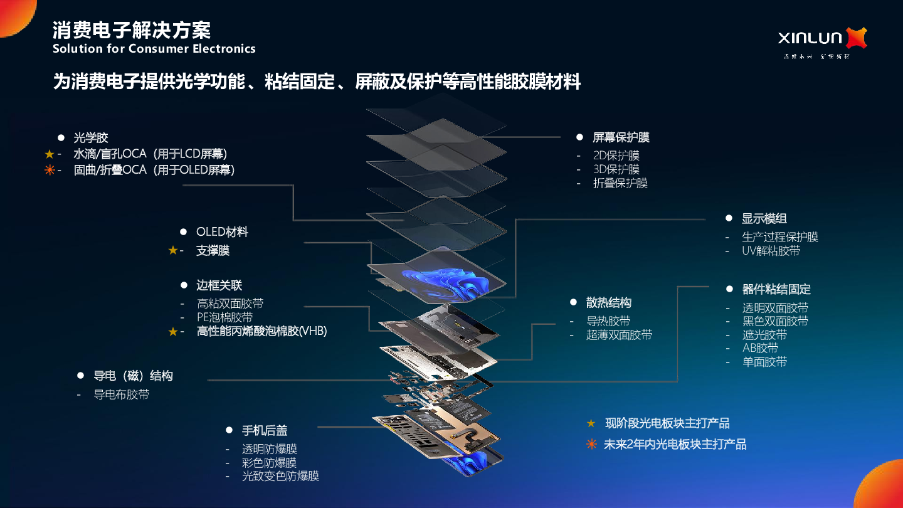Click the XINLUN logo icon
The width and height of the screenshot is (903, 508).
point(856,38)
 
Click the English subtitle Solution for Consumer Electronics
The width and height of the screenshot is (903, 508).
point(154,48)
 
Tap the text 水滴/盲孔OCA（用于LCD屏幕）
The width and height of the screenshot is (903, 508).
point(150,154)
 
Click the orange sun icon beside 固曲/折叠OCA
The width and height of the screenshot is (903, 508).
point(50,170)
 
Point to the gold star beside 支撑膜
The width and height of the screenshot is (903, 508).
point(173,250)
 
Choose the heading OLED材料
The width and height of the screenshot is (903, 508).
point(222,232)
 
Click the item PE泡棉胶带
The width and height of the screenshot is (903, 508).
point(224,317)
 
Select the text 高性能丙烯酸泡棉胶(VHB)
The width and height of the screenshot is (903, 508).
point(261,331)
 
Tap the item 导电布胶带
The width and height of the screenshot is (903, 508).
point(122,394)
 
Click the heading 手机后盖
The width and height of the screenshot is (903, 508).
point(265,431)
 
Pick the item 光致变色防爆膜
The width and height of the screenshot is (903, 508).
point(280,476)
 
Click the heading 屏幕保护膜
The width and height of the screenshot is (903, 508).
point(621,137)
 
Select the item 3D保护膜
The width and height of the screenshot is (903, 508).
point(616,169)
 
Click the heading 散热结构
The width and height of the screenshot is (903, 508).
point(608,303)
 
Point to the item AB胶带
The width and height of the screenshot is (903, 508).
point(760,348)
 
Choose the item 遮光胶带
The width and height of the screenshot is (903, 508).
point(764,335)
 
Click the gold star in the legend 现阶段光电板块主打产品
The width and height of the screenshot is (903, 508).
point(591,423)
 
